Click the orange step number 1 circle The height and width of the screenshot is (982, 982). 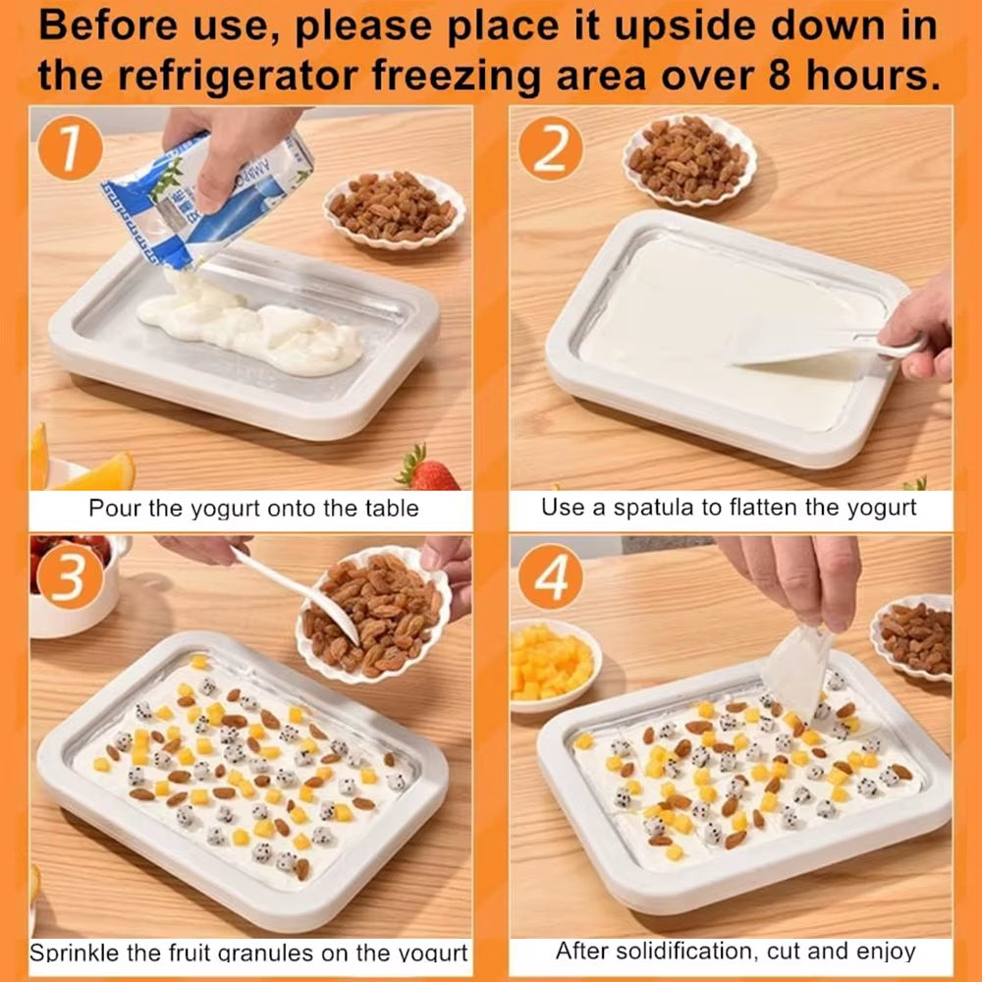coord(71,148)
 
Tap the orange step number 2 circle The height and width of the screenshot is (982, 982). coord(551,149)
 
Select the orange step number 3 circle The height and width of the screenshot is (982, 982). coord(71,576)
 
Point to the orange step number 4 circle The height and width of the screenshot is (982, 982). coord(551,576)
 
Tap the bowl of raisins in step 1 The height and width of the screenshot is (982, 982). coord(395,209)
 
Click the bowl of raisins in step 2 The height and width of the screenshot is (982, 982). coord(689,159)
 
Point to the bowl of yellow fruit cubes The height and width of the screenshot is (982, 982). coord(554,665)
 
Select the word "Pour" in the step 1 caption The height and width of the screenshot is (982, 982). coord(115,508)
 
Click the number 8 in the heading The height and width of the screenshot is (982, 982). coord(781,76)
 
